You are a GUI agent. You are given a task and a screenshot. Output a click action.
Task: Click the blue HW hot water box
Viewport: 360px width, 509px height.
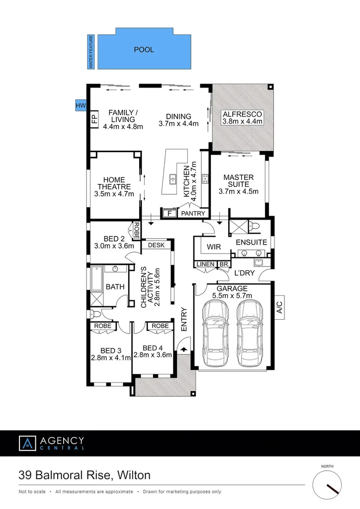pyautogui.click(x=80, y=105)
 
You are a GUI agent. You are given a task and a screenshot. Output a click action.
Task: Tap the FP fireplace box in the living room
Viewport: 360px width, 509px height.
pyautogui.click(x=93, y=119)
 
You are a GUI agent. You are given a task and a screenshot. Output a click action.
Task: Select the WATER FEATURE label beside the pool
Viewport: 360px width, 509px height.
pyautogui.click(x=91, y=52)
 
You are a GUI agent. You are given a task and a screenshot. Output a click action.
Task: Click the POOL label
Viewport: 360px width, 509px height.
pyautogui.click(x=144, y=50)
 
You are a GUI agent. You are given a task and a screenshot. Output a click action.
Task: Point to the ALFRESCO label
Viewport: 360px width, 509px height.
pyautogui.click(x=242, y=115)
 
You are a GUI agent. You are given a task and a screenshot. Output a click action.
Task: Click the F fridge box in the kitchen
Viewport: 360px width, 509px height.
pyautogui.click(x=169, y=213)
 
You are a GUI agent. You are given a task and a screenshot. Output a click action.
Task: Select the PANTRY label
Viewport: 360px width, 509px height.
pyautogui.click(x=193, y=214)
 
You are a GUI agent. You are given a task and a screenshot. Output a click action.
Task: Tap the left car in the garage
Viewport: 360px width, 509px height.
pyautogui.click(x=216, y=326)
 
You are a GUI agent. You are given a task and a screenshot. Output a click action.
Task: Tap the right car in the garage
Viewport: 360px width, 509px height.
pyautogui.click(x=249, y=326)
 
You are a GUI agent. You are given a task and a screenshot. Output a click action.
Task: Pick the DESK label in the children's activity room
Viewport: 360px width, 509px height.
pyautogui.click(x=156, y=245)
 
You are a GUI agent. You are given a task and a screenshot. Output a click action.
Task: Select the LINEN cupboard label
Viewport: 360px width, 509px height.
pyautogui.click(x=205, y=264)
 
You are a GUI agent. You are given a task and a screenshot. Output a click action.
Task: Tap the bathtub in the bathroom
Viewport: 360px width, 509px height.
pyautogui.click(x=96, y=280)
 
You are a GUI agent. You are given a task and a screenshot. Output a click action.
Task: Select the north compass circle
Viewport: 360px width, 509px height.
pyautogui.click(x=327, y=485)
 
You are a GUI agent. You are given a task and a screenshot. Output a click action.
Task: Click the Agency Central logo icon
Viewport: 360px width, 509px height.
pyautogui.click(x=27, y=443)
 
